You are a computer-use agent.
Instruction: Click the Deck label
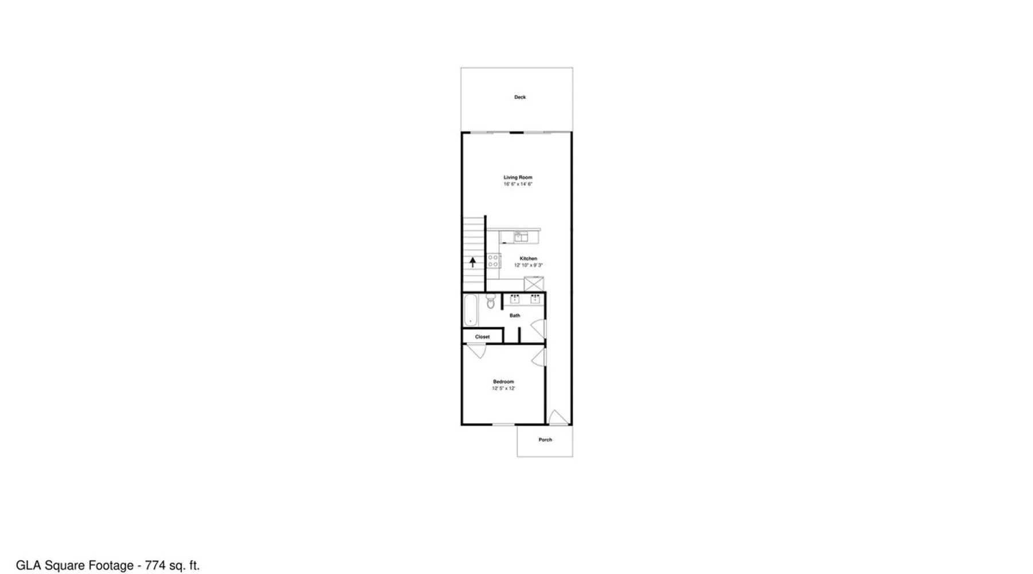click(x=520, y=97)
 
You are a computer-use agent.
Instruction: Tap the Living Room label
click(x=518, y=177)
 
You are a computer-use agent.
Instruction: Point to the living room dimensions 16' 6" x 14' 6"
click(x=518, y=184)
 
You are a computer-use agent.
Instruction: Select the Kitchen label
click(x=529, y=258)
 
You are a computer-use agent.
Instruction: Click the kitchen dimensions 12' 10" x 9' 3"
click(x=529, y=265)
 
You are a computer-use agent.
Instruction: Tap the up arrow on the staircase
click(x=473, y=262)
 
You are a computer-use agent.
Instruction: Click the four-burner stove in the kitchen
click(x=494, y=261)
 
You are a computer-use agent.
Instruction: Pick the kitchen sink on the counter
click(x=521, y=236)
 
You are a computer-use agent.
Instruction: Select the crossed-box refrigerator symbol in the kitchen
click(x=534, y=284)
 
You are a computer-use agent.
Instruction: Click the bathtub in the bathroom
click(x=471, y=311)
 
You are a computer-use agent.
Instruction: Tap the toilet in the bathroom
click(x=491, y=302)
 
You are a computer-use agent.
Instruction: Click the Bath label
click(x=515, y=315)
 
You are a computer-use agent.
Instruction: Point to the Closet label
click(x=483, y=336)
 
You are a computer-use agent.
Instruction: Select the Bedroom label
click(x=503, y=382)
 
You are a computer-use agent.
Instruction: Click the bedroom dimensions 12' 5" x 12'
click(x=503, y=389)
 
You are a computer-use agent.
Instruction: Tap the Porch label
click(x=545, y=440)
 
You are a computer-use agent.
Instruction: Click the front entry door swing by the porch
click(x=558, y=418)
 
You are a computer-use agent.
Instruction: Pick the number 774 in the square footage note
click(x=155, y=565)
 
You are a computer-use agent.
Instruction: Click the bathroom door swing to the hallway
click(x=538, y=329)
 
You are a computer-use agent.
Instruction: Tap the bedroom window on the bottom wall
click(x=504, y=425)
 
